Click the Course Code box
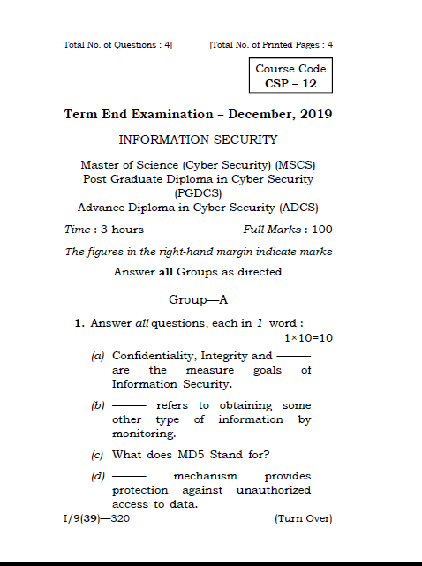(290, 76)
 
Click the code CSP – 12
(290, 84)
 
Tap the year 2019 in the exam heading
(315, 115)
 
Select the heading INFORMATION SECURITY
(198, 140)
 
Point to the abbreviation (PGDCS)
(198, 192)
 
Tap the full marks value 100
(321, 230)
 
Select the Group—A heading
(198, 299)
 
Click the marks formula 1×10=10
(307, 337)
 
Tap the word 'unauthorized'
(274, 490)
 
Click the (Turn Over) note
(304, 518)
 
